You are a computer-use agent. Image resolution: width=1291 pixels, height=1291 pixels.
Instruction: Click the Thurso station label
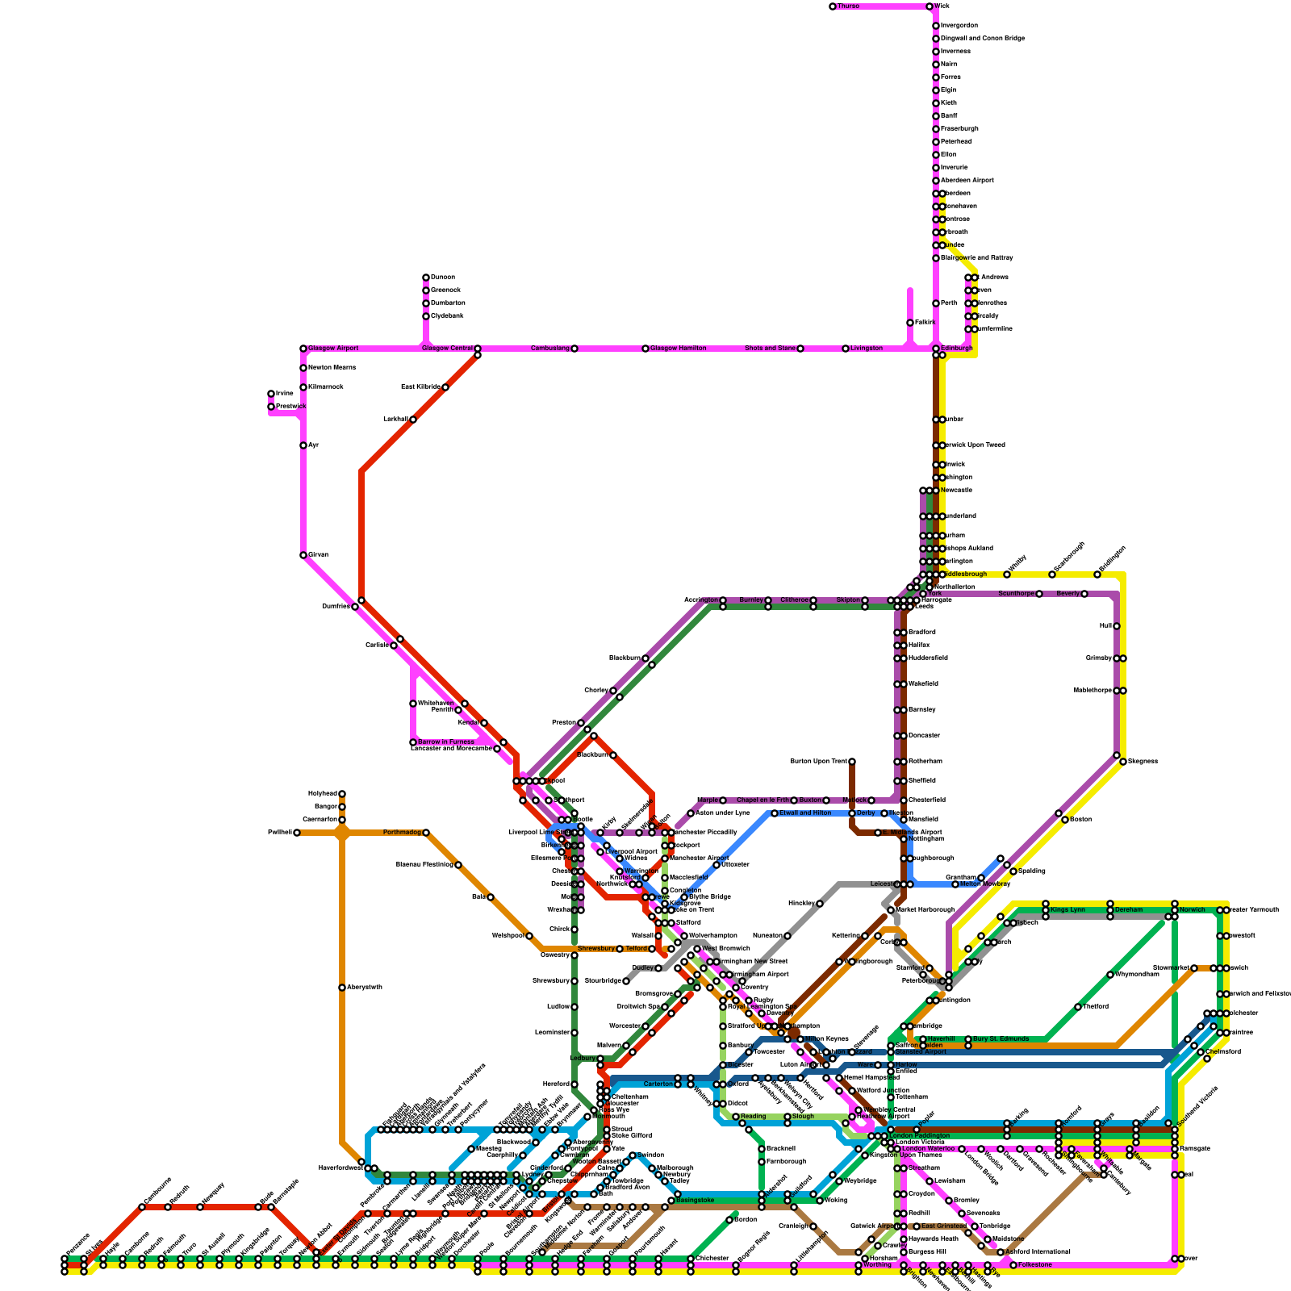point(848,6)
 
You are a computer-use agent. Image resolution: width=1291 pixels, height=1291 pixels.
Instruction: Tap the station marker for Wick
point(930,6)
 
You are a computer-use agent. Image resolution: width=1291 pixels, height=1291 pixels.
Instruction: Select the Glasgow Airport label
point(333,349)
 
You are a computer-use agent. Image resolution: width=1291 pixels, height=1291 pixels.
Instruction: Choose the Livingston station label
point(867,349)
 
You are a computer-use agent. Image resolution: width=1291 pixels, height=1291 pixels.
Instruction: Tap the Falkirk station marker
point(910,323)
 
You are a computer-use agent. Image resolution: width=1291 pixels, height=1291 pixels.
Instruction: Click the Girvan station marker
point(303,555)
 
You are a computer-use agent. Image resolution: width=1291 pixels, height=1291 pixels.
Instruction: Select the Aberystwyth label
point(365,988)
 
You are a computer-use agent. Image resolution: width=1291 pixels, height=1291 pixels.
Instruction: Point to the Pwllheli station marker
point(297,833)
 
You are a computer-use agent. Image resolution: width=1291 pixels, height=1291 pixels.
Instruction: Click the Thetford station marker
point(1078,1007)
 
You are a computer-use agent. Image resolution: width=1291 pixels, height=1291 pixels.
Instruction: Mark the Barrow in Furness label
point(445,742)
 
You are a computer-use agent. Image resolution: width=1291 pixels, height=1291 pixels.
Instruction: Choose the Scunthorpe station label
point(1016,594)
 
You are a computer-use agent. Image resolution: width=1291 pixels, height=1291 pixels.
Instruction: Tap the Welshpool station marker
point(529,936)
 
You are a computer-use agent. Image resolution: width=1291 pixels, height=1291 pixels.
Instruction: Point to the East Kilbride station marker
point(445,387)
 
